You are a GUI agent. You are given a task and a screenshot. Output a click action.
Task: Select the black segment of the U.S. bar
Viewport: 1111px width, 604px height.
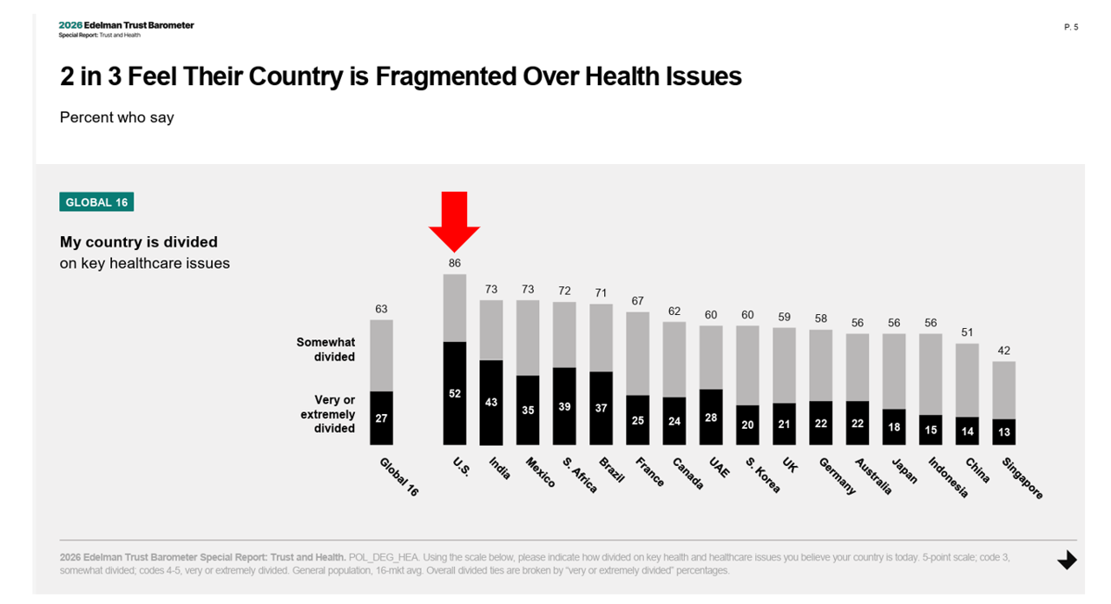455,392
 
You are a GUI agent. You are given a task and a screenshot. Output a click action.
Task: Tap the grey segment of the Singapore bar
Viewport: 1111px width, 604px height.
1004,390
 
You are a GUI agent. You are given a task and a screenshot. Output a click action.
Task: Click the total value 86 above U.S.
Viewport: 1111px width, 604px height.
455,263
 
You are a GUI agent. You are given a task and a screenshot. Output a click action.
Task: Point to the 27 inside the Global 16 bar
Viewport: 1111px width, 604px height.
381,418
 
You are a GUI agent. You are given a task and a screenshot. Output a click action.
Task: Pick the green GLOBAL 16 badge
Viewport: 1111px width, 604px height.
96,202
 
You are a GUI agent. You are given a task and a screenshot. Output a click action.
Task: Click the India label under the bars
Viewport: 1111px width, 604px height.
499,469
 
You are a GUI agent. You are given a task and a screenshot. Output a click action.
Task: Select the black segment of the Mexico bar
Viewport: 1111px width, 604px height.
528,410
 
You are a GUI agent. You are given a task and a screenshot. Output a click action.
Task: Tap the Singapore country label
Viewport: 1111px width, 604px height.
1022,478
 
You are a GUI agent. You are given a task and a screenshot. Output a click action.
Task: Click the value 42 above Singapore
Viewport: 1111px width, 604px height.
1004,351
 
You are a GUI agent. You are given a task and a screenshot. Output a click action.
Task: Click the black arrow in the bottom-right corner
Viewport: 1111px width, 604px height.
1067,561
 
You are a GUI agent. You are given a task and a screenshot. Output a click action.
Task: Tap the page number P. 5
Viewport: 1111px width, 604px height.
1070,28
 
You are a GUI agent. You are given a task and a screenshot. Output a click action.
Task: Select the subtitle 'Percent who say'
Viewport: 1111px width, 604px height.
116,117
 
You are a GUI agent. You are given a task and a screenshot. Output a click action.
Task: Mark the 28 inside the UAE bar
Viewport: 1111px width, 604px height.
711,418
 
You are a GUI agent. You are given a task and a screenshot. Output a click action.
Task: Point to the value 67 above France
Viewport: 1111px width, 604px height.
638,301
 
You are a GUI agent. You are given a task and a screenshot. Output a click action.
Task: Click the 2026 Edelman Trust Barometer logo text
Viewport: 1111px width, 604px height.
126,25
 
